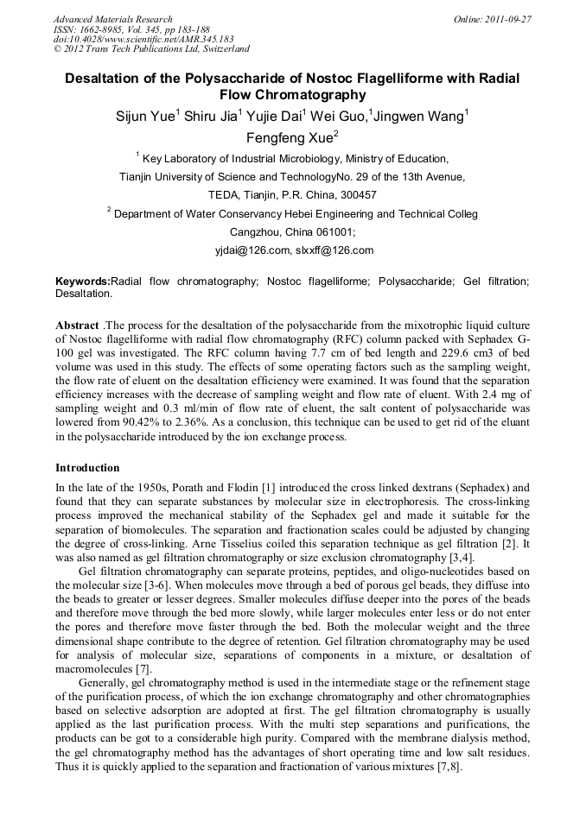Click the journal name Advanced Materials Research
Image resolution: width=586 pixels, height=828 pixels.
pos(113,19)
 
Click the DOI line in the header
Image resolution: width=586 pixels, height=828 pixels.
pos(143,39)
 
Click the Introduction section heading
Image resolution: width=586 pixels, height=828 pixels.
pos(87,468)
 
